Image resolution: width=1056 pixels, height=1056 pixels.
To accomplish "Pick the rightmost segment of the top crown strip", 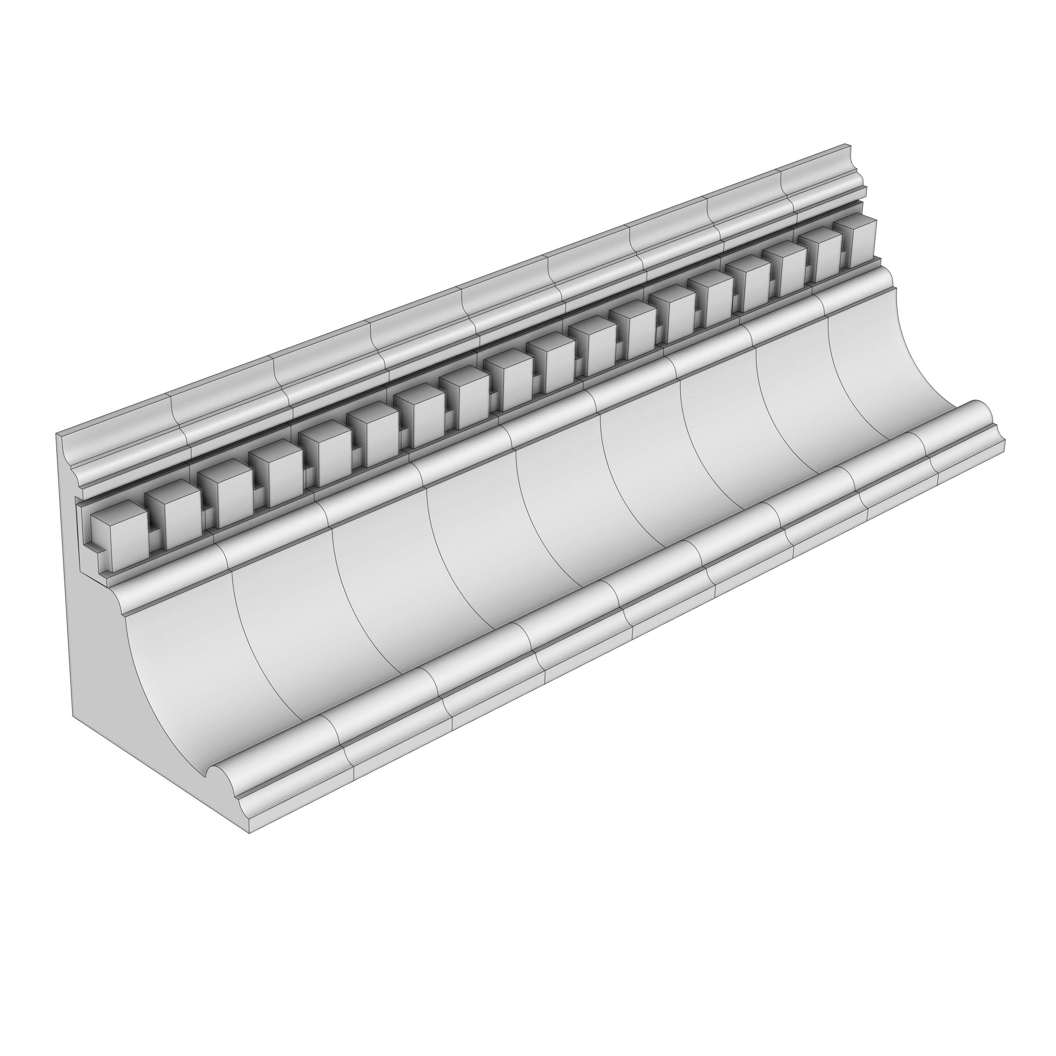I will (x=820, y=175).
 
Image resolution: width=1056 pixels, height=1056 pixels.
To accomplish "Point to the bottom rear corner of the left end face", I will (x=73, y=715).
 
